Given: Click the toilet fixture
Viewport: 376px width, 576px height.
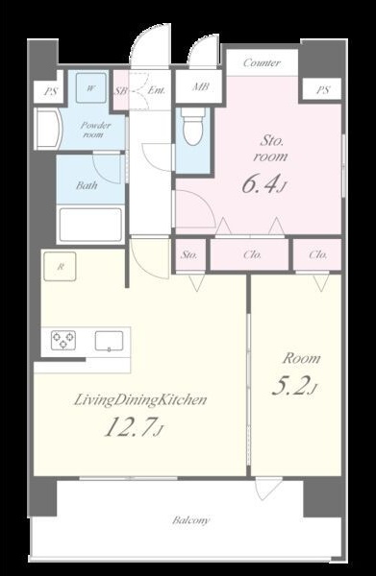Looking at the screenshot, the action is click(x=193, y=126).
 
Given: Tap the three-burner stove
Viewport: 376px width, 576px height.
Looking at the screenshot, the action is click(x=63, y=340).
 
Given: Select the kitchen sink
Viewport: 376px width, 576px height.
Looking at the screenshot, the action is click(x=110, y=341).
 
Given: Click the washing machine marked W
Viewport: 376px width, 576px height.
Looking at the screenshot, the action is click(x=91, y=88).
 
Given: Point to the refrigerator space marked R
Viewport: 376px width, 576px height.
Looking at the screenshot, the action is click(x=60, y=267).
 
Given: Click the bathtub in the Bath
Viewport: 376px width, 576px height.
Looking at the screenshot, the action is click(x=90, y=225).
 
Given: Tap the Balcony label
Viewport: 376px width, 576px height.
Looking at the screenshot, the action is click(x=191, y=520).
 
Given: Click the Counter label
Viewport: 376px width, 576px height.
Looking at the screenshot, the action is click(x=262, y=62).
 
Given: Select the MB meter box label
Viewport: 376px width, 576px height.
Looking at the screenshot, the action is click(x=201, y=86).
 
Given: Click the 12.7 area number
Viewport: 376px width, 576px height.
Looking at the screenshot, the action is click(x=133, y=427).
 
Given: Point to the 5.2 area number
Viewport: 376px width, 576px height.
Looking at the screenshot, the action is click(x=294, y=386).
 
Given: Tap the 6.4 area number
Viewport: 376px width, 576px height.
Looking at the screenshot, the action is click(x=263, y=183).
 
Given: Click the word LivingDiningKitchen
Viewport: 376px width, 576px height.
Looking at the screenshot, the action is click(x=140, y=400).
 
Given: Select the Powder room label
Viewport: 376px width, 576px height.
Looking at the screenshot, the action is click(x=95, y=130).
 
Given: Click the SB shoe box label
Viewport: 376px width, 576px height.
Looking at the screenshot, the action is click(x=120, y=91).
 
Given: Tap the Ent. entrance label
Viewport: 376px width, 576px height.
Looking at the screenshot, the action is click(x=157, y=90).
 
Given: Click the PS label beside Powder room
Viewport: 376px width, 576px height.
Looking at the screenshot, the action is click(x=51, y=91).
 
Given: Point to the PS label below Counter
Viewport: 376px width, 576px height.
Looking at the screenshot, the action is click(x=323, y=90).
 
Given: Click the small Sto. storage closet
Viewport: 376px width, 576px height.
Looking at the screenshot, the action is click(x=189, y=255).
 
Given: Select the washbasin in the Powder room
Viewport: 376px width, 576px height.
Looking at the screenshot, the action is click(x=50, y=129).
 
